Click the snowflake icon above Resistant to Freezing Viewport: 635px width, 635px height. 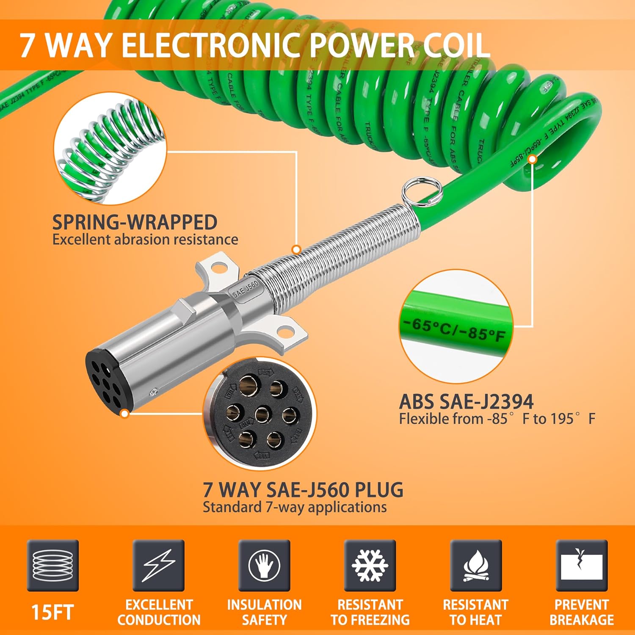(x=370, y=566)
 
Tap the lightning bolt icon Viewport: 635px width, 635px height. (x=158, y=566)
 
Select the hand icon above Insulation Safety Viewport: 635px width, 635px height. (x=264, y=566)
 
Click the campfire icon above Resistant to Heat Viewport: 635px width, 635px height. (x=476, y=566)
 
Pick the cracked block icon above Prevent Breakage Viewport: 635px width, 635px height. (x=582, y=566)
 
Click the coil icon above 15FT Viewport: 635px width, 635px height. (x=52, y=566)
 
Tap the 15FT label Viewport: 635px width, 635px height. (x=52, y=613)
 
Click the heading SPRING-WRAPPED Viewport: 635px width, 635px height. (x=135, y=222)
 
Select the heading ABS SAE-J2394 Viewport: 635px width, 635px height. (x=466, y=402)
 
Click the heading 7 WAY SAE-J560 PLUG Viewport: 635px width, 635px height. (x=303, y=490)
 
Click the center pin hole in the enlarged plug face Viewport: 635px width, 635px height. (x=263, y=414)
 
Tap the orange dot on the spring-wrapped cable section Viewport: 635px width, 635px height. (x=297, y=250)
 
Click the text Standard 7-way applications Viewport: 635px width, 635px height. (x=294, y=507)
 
